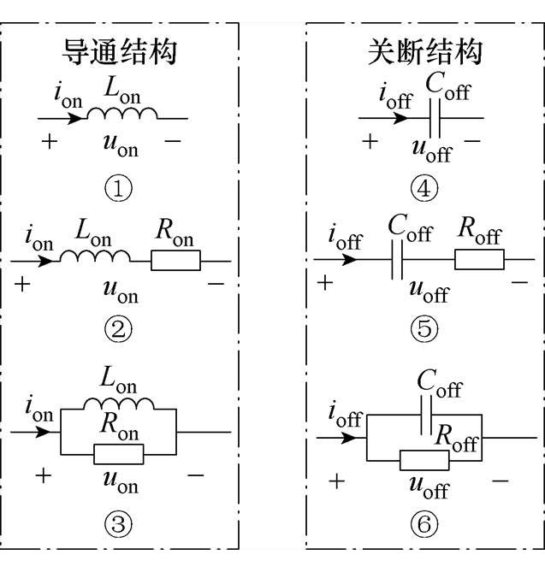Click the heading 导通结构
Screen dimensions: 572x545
pos(120,52)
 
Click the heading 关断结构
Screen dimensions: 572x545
pos(419,52)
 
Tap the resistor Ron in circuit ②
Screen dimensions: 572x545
pos(175,260)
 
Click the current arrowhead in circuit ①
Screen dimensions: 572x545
pos(76,117)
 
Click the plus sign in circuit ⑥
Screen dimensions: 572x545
pos(337,481)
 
